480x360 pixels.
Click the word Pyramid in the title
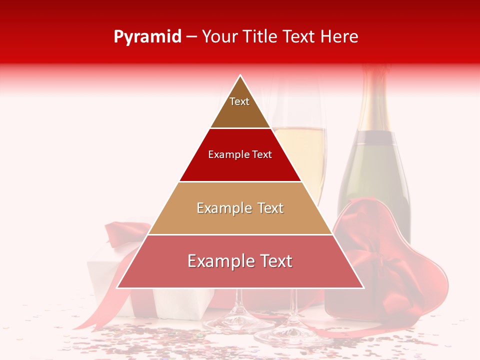point(147,37)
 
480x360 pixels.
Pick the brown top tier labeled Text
point(240,107)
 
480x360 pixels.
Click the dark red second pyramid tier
point(240,155)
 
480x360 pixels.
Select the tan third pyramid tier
point(240,208)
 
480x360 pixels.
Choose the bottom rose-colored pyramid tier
point(240,261)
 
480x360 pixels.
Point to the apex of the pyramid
point(240,76)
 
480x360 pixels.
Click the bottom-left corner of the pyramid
point(117,287)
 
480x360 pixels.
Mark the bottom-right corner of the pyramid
point(363,287)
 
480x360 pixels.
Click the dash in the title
point(191,37)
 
